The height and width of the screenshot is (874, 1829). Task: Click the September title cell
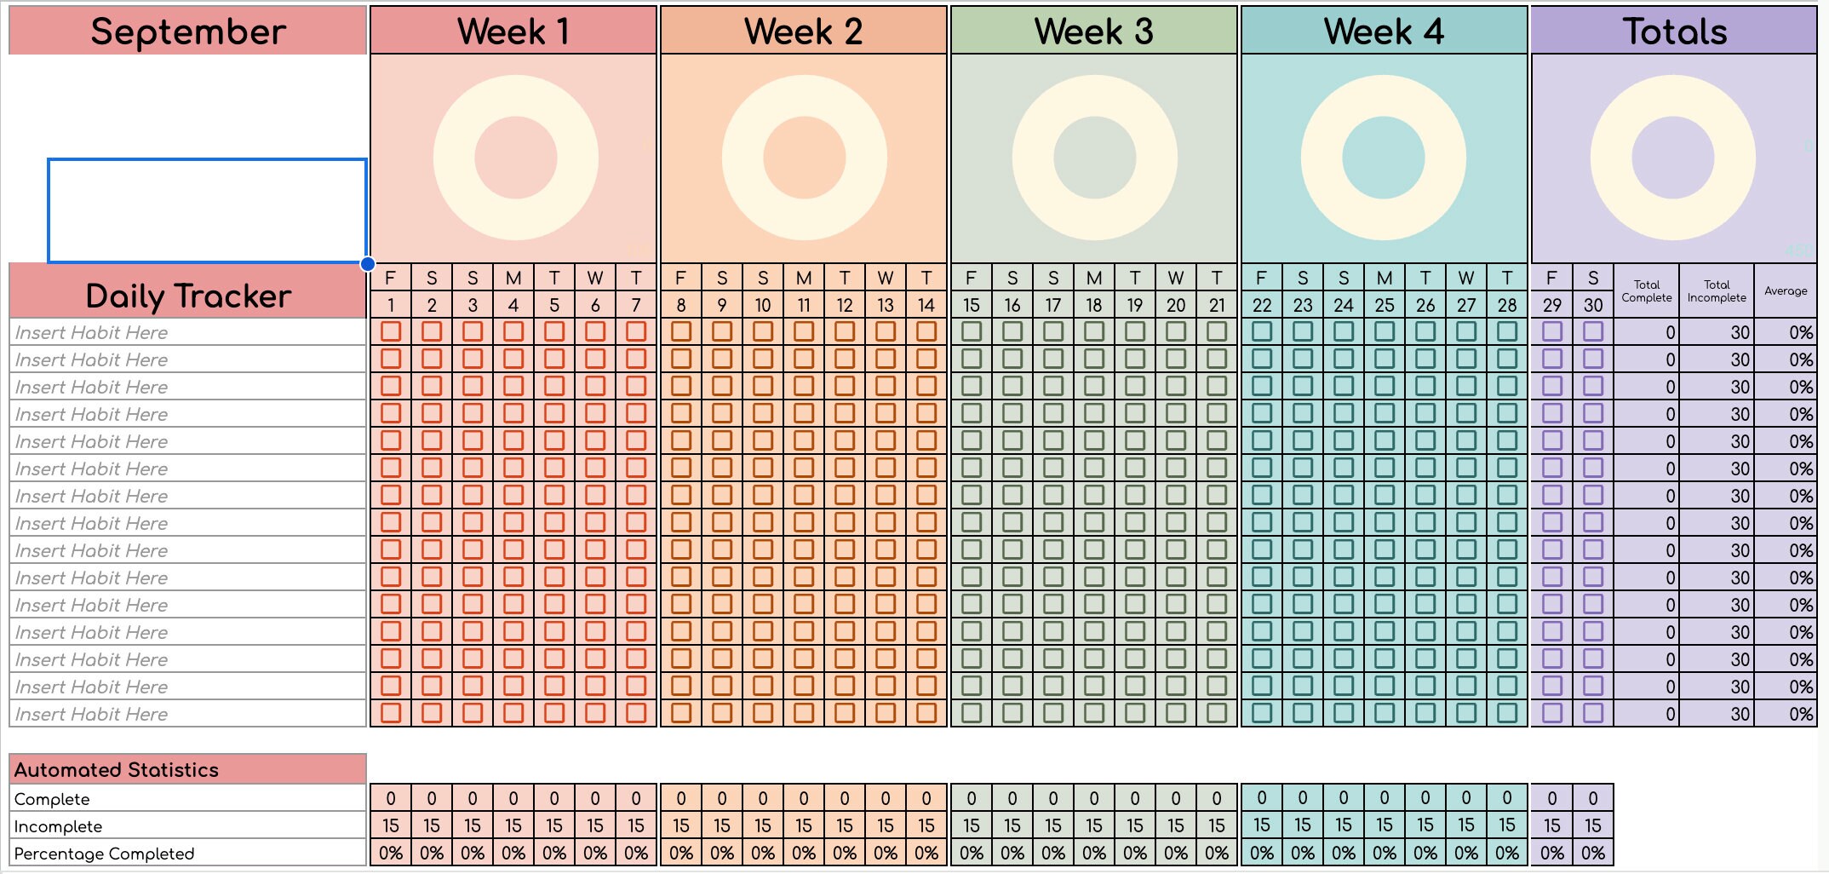(188, 32)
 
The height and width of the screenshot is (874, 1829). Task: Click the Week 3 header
(1093, 32)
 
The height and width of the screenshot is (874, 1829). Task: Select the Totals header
(1674, 32)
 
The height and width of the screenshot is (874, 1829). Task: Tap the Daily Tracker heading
(188, 296)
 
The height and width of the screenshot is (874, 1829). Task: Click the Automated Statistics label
(117, 770)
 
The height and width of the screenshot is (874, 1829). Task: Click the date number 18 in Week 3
(1094, 305)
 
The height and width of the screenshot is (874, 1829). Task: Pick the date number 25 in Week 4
(1385, 305)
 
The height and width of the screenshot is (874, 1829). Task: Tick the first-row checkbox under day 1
(391, 331)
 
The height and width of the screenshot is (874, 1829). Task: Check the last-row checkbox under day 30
(1593, 713)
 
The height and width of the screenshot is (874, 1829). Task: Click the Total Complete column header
(1647, 291)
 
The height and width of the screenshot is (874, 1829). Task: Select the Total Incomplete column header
(1717, 291)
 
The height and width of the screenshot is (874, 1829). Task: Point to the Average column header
(1786, 291)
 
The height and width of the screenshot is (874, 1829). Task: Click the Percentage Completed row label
(104, 854)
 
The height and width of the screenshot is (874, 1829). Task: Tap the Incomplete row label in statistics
(58, 826)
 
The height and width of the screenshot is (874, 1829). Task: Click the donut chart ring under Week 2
(741, 158)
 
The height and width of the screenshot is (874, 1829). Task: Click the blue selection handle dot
(368, 264)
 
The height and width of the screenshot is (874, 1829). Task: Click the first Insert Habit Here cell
(91, 332)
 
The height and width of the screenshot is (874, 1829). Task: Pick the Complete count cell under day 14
(926, 798)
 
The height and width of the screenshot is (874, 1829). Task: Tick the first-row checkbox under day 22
(1262, 331)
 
